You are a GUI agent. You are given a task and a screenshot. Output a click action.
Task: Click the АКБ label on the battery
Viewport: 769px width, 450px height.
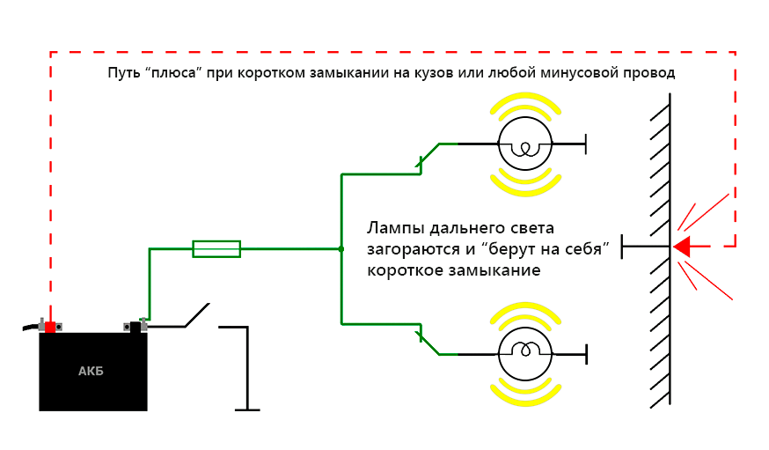91,371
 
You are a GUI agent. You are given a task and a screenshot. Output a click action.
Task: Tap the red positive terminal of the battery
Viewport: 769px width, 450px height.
50,327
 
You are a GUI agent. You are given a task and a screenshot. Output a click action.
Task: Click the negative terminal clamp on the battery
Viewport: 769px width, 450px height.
135,326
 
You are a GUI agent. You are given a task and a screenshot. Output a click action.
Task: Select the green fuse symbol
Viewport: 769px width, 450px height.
216,249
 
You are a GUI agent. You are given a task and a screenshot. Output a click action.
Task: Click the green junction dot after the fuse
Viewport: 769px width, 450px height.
341,249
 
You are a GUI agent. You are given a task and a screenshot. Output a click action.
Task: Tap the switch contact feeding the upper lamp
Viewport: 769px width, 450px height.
428,155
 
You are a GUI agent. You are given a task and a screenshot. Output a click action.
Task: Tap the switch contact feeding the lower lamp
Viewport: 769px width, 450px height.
428,343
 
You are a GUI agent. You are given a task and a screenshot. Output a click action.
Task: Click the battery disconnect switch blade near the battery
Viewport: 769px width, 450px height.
196,314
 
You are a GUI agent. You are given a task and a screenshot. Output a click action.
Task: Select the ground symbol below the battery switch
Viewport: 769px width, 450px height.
247,409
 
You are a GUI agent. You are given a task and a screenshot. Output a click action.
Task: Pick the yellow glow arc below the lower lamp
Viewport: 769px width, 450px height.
524,389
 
